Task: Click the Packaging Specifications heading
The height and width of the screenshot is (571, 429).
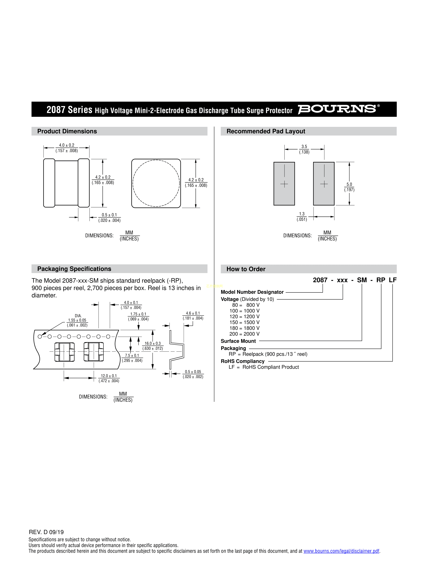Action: [x=74, y=269]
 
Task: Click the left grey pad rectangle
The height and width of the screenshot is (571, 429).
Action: [x=284, y=184]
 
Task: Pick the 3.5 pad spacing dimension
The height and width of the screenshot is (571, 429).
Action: [x=304, y=149]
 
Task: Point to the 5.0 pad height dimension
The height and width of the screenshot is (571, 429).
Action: [x=349, y=187]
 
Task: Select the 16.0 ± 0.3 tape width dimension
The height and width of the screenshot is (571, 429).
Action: [x=153, y=346]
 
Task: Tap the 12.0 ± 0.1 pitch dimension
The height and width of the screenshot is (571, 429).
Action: [x=109, y=378]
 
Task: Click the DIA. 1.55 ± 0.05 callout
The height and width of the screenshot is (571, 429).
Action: [x=77, y=320]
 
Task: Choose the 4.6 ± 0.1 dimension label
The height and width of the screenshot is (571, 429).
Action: [x=193, y=315]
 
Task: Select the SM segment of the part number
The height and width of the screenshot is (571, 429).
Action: [x=362, y=280]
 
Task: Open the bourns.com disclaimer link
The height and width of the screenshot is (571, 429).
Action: [x=341, y=551]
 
